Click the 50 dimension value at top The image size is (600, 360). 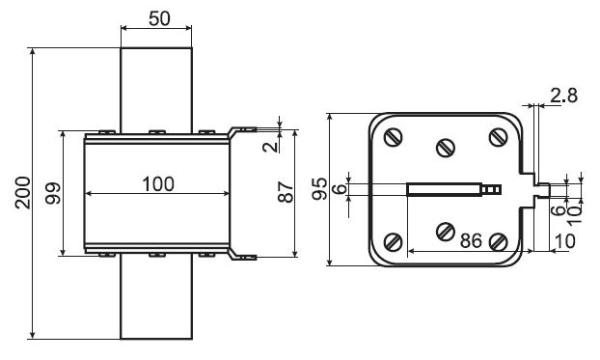[159, 18]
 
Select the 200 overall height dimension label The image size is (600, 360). [23, 193]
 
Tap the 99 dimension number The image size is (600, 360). [53, 193]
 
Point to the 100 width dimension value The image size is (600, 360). [158, 183]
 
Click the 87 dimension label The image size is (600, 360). [286, 192]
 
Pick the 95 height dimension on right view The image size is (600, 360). [319, 189]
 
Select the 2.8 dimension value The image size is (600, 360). [563, 96]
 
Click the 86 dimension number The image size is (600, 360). [471, 240]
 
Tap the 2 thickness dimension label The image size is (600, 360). [270, 147]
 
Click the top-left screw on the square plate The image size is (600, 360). [393, 137]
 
